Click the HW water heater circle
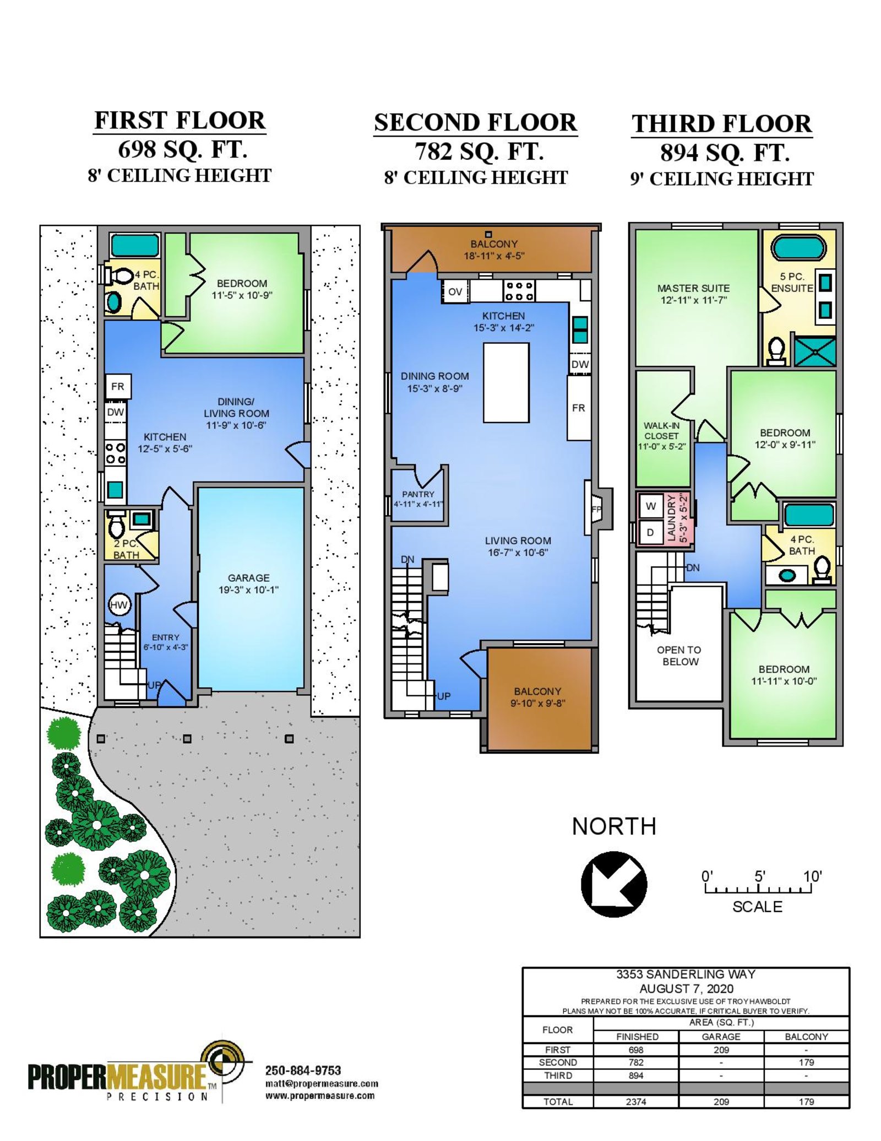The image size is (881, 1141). (119, 605)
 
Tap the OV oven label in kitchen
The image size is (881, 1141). (455, 291)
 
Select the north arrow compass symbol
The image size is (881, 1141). (614, 884)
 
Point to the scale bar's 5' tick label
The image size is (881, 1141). (759, 876)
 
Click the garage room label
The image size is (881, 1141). (248, 583)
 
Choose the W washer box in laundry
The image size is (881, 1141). (651, 506)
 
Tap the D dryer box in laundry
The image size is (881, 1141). (650, 533)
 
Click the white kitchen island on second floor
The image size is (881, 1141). (506, 383)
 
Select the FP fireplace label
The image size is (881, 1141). (596, 509)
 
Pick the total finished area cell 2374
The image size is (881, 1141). (636, 1101)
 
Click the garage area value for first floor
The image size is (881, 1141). (721, 1050)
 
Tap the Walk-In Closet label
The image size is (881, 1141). (662, 436)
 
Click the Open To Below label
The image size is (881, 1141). (679, 656)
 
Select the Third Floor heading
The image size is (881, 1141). (722, 123)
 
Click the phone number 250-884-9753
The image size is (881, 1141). (303, 1070)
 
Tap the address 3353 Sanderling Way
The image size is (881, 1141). (686, 974)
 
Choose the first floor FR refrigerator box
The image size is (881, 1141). (118, 387)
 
